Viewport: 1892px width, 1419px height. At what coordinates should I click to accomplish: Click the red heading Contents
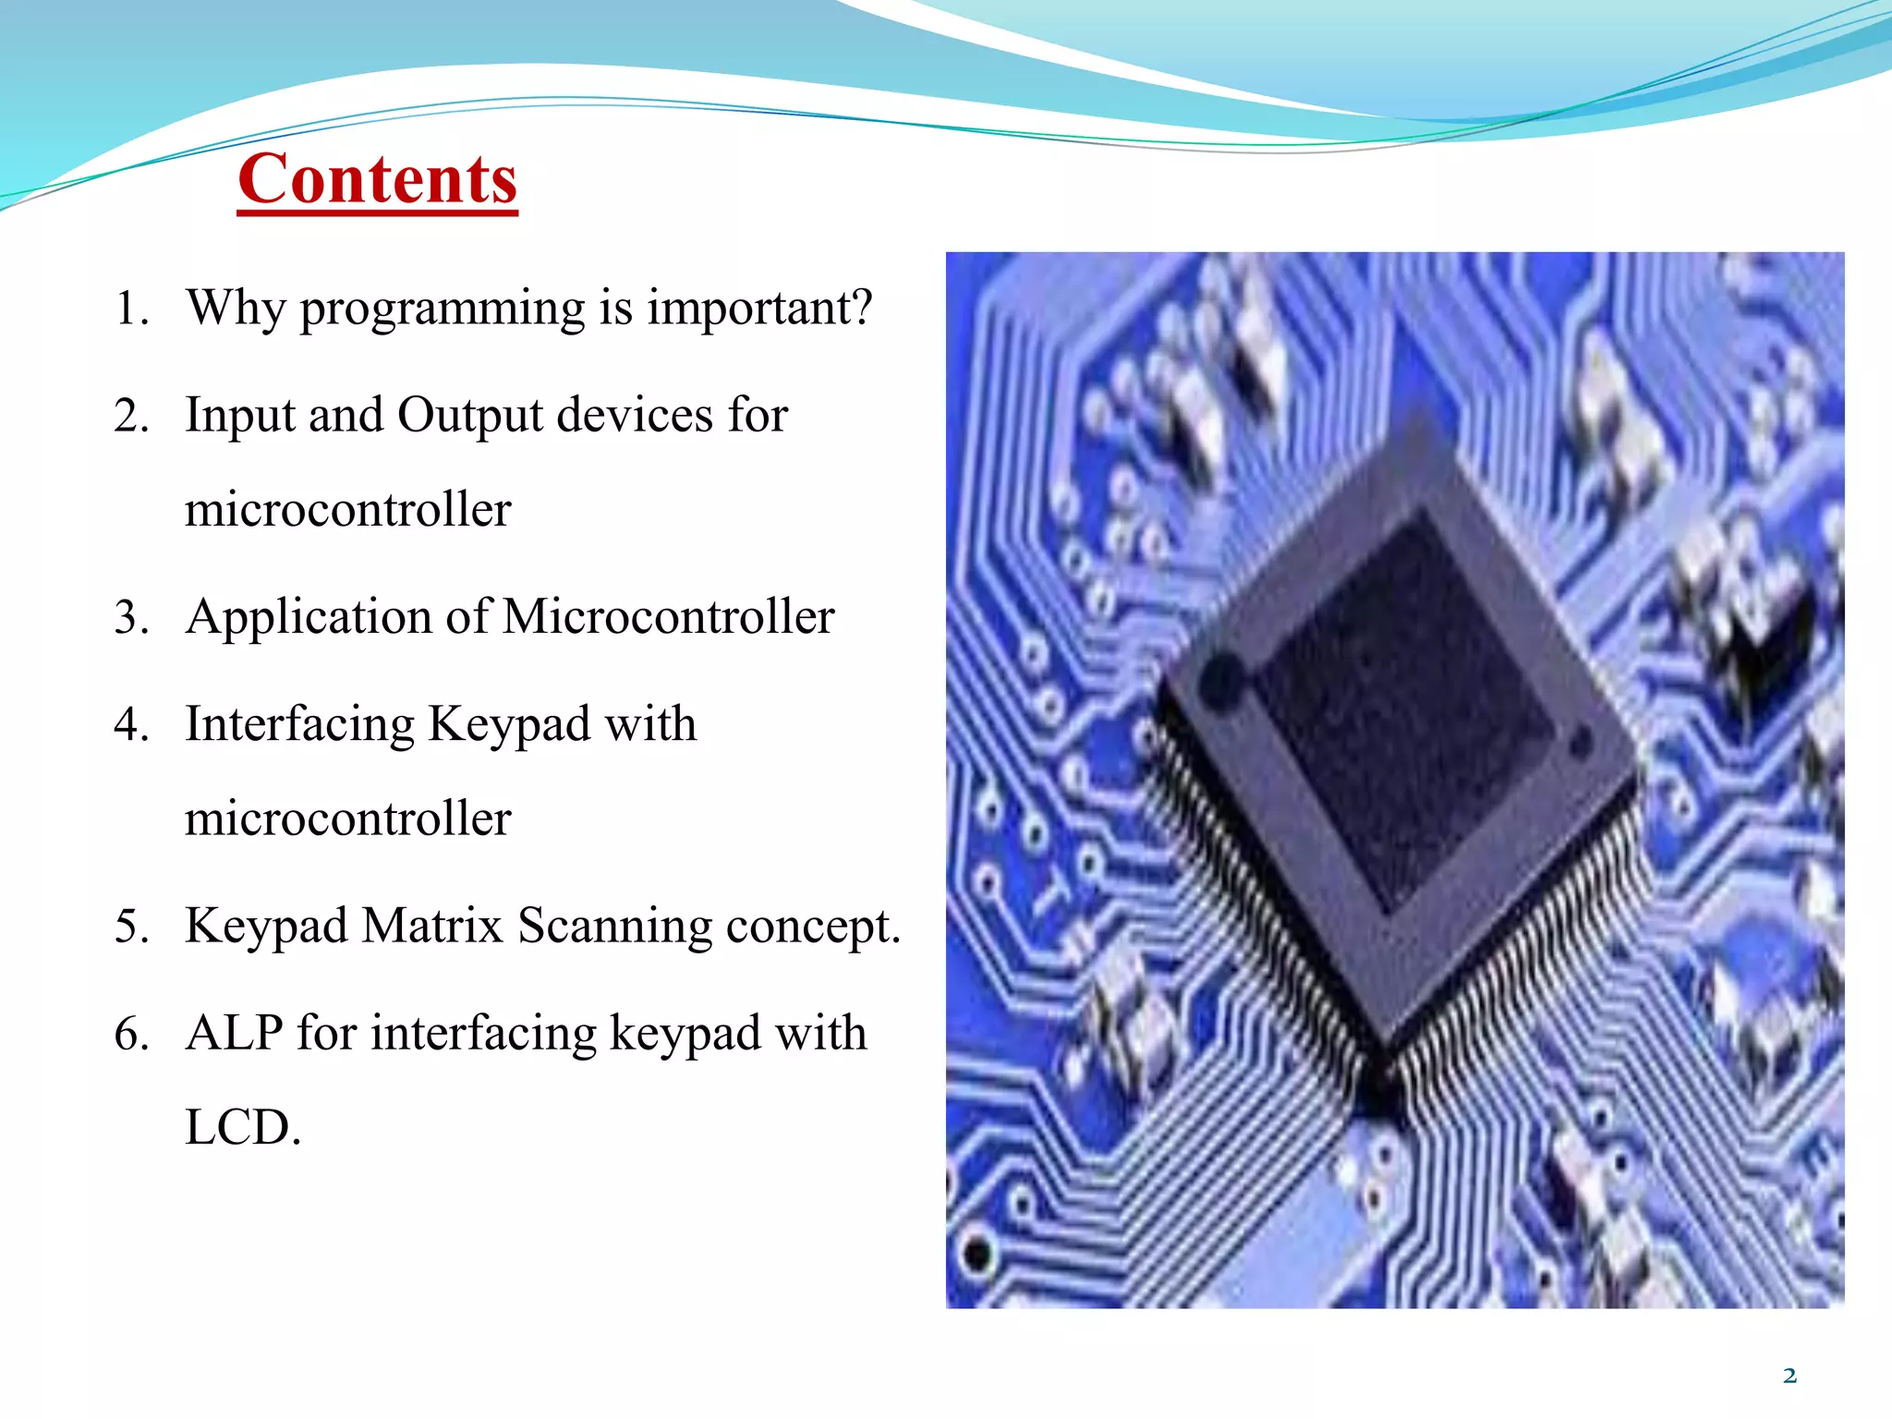coord(377,179)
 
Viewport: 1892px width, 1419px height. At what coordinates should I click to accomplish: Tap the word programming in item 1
coord(443,309)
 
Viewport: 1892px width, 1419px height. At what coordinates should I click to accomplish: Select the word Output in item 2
coord(470,416)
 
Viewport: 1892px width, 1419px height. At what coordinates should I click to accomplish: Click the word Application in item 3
coord(309,618)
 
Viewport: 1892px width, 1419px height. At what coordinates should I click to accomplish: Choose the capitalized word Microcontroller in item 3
coord(668,616)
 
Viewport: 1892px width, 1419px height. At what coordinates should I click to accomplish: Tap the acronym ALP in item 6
coord(234,1033)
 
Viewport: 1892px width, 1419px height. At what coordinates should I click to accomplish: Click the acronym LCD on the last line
coord(242,1128)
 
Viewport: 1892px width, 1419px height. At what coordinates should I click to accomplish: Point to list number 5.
coord(131,927)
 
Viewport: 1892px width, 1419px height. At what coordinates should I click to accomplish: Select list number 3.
coord(131,617)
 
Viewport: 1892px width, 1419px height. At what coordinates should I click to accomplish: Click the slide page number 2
coord(1789,1376)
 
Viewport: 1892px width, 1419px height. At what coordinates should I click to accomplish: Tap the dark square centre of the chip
coord(1404,711)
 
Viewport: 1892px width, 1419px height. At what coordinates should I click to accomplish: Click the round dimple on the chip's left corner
coord(1222,680)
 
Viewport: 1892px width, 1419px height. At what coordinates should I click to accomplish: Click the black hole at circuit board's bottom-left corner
coord(977,1255)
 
